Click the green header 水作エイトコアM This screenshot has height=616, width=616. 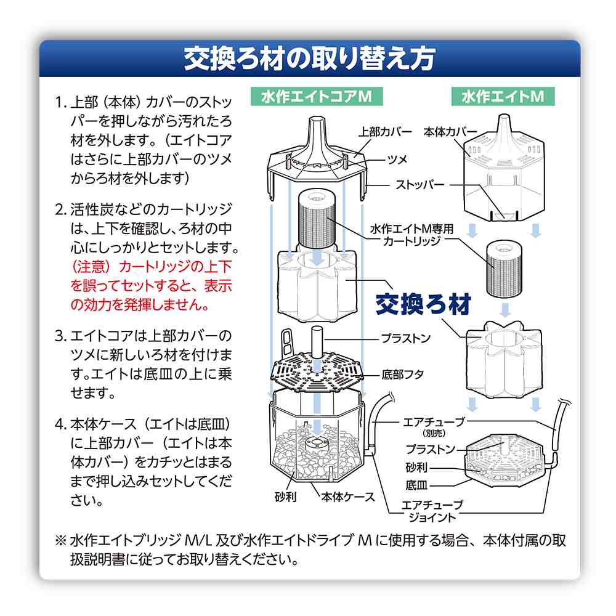(x=317, y=96)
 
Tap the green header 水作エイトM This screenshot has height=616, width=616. (x=503, y=96)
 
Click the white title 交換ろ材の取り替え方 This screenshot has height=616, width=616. (x=310, y=59)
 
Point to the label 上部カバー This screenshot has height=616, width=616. (x=385, y=132)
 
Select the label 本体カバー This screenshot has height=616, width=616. (x=450, y=132)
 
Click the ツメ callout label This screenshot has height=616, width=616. (x=397, y=160)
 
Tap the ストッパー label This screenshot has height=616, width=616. (x=419, y=184)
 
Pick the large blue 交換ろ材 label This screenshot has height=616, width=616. (x=423, y=304)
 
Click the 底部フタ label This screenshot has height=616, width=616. (x=402, y=375)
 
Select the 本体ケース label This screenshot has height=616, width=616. (x=347, y=497)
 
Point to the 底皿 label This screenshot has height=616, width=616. (x=416, y=485)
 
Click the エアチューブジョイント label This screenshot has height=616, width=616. (x=432, y=511)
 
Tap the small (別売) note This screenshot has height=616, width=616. (x=434, y=433)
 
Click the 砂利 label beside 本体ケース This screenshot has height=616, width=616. (x=286, y=497)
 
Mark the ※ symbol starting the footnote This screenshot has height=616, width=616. (x=61, y=541)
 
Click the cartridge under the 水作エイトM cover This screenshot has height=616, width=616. (x=505, y=269)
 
